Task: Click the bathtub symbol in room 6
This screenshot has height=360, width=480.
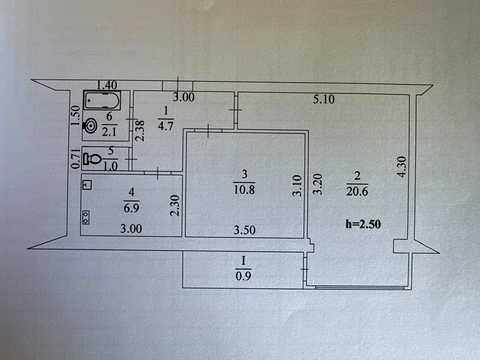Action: coord(102,101)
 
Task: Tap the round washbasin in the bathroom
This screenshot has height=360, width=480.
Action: coord(89,126)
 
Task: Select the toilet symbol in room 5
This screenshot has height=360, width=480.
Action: coord(92,158)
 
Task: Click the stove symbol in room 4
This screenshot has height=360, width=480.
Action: coord(86,217)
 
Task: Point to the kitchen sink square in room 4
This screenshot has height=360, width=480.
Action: coord(87,185)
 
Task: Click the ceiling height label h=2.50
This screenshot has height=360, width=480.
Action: coord(363,224)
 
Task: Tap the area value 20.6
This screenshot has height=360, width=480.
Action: coord(357,192)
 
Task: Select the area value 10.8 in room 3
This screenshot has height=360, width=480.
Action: coord(244,190)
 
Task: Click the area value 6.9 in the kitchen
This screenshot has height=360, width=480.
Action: coord(131,208)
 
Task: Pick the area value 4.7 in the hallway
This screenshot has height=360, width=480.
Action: coord(166,126)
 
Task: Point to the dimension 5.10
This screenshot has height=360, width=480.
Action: coord(324,99)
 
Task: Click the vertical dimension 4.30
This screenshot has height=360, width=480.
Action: coord(402,167)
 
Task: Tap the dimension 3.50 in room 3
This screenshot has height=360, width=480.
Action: coord(244,230)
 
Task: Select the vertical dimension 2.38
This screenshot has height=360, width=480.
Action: coord(140,131)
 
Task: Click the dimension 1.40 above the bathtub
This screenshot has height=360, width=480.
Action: coord(107,85)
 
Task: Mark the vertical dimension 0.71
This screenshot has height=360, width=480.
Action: coord(76,158)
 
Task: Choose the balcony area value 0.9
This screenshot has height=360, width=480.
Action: coord(243,276)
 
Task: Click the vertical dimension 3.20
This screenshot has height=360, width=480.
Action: coord(317,184)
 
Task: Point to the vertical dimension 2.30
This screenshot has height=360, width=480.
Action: coord(175,205)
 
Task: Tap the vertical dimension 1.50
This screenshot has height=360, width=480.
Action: coord(76,116)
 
